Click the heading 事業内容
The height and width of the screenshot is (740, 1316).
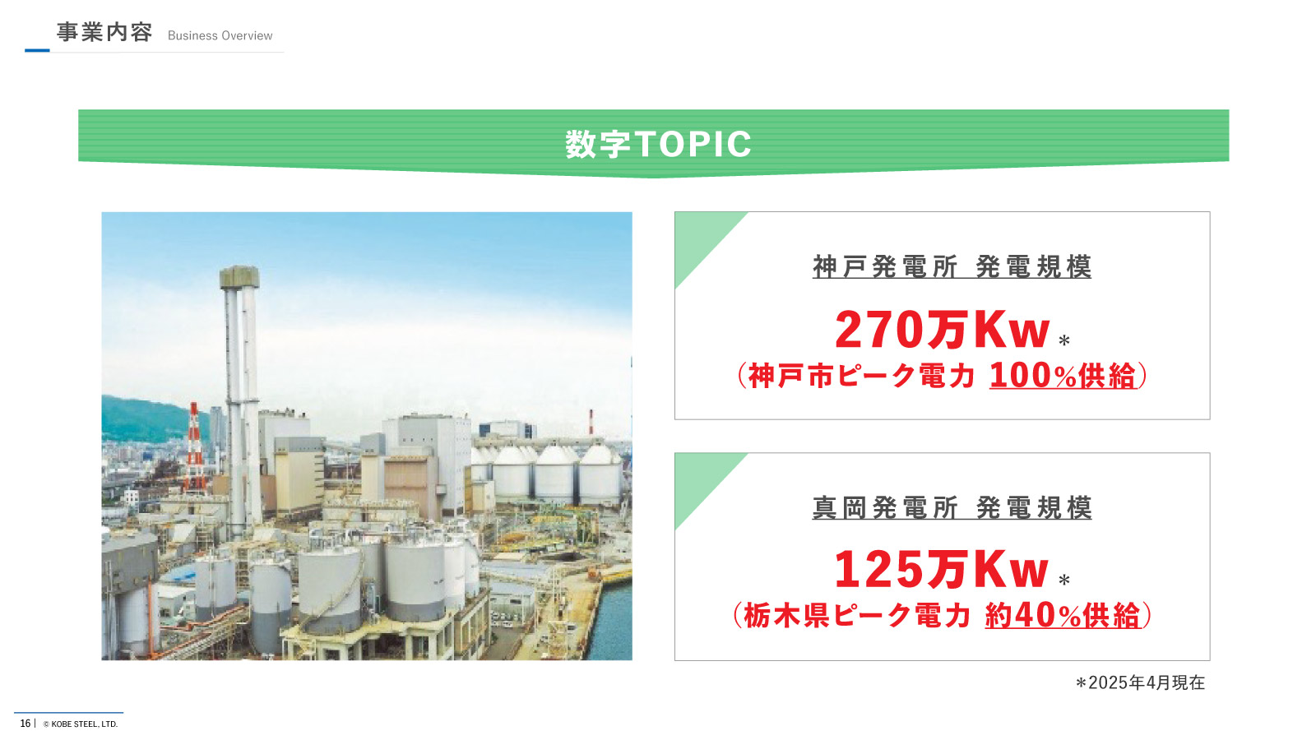(104, 32)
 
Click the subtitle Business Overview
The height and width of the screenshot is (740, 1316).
(220, 36)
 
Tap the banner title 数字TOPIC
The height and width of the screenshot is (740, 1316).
(658, 144)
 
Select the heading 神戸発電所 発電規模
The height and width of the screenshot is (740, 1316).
(952, 266)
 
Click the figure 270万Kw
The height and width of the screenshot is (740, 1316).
(943, 330)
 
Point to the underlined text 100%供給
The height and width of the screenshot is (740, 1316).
(1063, 376)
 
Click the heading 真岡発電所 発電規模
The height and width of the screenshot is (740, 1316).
(952, 508)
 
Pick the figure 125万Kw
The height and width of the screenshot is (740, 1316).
(941, 569)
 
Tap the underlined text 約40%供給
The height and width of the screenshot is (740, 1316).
(1063, 616)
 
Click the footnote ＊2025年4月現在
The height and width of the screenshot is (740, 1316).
(1140, 682)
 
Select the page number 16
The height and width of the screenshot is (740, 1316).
(25, 723)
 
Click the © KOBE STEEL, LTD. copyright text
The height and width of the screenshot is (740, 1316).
(81, 724)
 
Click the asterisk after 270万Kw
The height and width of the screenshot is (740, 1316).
(1064, 340)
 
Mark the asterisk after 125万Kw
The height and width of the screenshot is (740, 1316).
(1064, 580)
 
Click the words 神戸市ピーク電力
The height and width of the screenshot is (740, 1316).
(861, 376)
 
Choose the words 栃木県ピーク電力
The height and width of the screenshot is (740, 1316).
(857, 616)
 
